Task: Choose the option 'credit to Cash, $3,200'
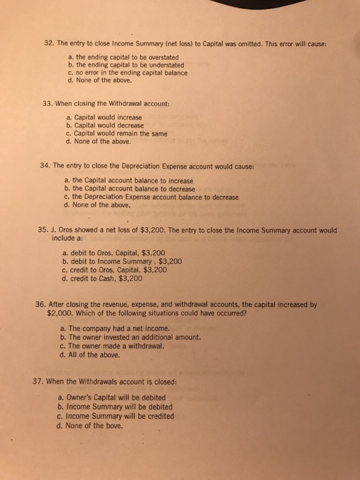pyautogui.click(x=101, y=278)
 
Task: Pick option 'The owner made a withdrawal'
pyautogui.click(x=107, y=346)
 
